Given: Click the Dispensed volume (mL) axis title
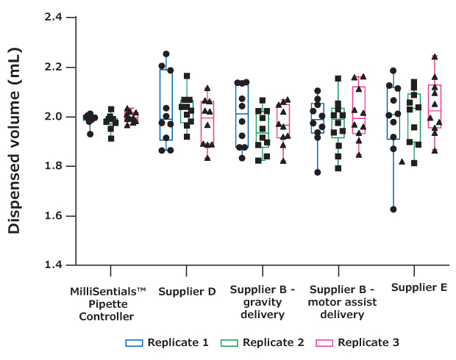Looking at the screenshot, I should (15, 141).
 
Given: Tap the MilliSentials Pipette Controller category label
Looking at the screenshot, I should (107, 304).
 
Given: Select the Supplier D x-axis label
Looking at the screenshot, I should (187, 292).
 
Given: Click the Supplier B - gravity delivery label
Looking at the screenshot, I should (263, 303).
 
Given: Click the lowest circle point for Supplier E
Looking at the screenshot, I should (393, 209).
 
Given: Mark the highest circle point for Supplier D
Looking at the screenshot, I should (166, 54).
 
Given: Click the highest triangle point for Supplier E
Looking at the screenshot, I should (435, 57).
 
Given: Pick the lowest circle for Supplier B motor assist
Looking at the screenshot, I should (317, 173).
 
